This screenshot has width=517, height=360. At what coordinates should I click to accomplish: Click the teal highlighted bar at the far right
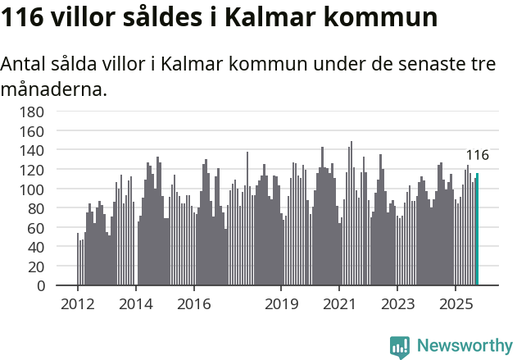(477, 230)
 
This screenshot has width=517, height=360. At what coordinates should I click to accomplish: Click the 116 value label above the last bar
(478, 155)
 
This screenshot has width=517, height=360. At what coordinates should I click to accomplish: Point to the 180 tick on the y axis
(33, 112)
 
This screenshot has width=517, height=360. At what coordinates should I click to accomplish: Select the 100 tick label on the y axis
(33, 189)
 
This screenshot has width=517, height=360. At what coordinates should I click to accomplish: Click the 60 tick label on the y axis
(36, 228)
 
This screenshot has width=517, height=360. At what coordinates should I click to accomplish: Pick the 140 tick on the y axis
(33, 151)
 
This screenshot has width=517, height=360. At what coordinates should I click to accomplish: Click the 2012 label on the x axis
(78, 304)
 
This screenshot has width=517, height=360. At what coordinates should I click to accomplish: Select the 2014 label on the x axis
(136, 304)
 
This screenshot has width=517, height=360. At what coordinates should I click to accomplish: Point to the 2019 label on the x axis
(281, 304)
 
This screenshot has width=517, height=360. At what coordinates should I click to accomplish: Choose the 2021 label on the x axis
(338, 304)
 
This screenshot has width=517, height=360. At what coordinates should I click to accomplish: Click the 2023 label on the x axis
(397, 304)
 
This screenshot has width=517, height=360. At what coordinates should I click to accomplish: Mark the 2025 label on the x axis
(455, 304)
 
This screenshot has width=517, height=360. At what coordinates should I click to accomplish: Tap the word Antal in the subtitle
(25, 65)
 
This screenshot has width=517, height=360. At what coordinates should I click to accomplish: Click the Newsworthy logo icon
(400, 346)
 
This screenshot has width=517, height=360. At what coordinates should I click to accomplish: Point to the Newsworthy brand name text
(464, 346)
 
